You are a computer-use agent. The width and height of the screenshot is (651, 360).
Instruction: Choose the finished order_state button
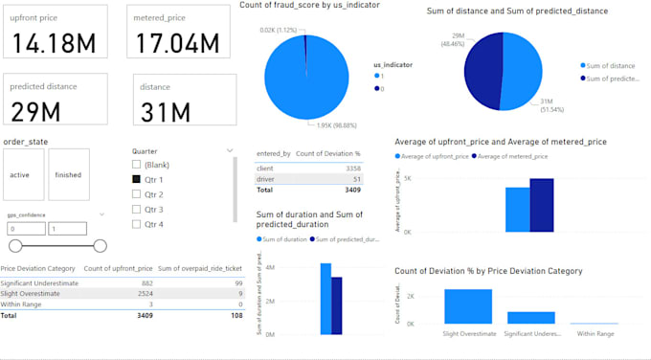pyautogui.click(x=68, y=175)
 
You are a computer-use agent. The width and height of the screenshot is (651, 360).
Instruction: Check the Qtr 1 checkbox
pyautogui.click(x=137, y=179)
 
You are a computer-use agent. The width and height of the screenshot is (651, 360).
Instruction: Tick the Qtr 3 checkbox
pyautogui.click(x=137, y=209)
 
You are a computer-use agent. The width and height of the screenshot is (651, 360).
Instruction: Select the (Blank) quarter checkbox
pyautogui.click(x=137, y=164)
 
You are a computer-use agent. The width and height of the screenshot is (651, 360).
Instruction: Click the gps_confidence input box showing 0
pyautogui.click(x=25, y=230)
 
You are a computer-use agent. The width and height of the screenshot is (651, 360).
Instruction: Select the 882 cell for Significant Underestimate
pyautogui.click(x=146, y=283)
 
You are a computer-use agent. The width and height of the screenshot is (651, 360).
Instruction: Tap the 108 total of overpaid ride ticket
pyautogui.click(x=236, y=314)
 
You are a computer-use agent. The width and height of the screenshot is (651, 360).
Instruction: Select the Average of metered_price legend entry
pyautogui.click(x=512, y=155)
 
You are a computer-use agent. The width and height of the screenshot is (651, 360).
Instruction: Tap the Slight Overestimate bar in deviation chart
pyautogui.click(x=468, y=306)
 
